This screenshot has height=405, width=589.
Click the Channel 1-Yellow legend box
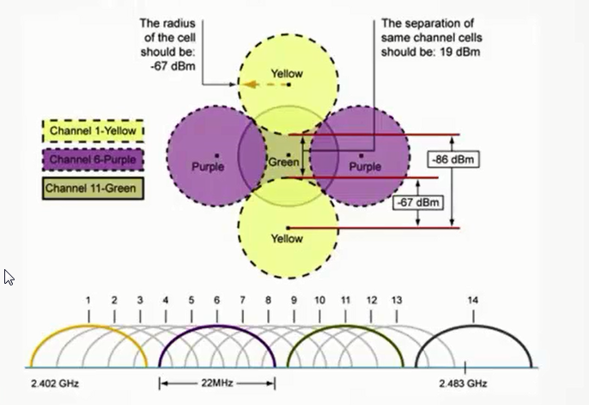coord(93,131)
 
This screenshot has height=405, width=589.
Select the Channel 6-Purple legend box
coord(93,160)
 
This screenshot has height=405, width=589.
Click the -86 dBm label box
coord(452,160)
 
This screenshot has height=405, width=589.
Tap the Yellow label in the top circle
coord(287,74)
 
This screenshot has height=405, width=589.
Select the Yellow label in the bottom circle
coord(287,239)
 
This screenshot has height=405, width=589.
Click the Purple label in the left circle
coord(207,167)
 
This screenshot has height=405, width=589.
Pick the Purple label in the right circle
coord(365,167)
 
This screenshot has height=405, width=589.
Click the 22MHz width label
coord(217,381)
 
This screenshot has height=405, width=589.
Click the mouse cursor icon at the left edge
coord(9,277)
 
